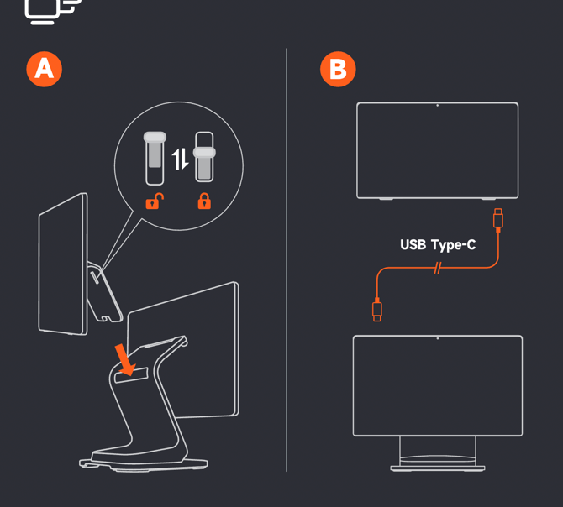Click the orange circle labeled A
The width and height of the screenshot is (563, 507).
click(45, 69)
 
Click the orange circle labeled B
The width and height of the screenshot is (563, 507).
click(338, 69)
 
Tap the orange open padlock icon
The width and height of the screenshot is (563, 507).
click(155, 201)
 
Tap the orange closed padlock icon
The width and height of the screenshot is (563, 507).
click(204, 201)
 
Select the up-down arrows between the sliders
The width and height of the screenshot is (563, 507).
click(180, 159)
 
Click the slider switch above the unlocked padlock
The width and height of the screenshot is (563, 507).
click(155, 158)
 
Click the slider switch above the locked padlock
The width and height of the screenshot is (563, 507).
click(204, 157)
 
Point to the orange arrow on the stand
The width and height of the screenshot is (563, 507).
click(124, 359)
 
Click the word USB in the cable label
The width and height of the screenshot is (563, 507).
click(413, 245)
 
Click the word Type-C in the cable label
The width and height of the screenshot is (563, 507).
click(454, 246)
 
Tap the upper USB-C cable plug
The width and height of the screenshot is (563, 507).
click(498, 219)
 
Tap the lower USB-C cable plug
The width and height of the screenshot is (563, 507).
click(377, 310)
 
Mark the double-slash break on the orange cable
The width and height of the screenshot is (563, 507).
click(437, 268)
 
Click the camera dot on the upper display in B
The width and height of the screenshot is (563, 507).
click(437, 106)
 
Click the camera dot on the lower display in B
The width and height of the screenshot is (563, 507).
click(438, 338)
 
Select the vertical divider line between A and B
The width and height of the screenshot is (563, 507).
click(287, 260)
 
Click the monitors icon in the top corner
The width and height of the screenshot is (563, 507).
click(53, 12)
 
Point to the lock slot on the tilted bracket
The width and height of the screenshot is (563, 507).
click(95, 278)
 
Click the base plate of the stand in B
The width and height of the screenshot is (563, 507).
click(438, 468)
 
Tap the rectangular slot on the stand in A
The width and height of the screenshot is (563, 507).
click(131, 375)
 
